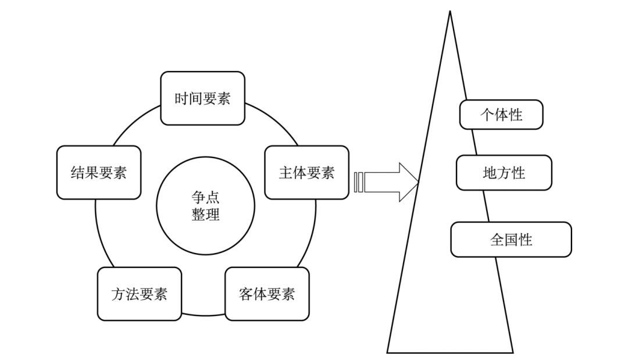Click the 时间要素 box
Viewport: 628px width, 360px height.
pyautogui.click(x=202, y=98)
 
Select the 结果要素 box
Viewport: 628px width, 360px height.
pyautogui.click(x=99, y=172)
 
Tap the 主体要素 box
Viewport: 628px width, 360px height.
pyautogui.click(x=306, y=172)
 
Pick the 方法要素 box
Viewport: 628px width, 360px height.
pyautogui.click(x=139, y=294)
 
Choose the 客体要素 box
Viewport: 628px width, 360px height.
pyautogui.click(x=267, y=294)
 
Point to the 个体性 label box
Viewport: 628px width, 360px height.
pyautogui.click(x=501, y=115)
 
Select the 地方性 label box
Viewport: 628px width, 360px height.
pyautogui.click(x=504, y=173)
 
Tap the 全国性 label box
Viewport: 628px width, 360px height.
pyautogui.click(x=511, y=240)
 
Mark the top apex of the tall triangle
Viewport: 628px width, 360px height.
pyautogui.click(x=449, y=12)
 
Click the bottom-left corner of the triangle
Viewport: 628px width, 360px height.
pyautogui.click(x=388, y=352)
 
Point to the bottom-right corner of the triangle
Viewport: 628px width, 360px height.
pyautogui.click(x=513, y=352)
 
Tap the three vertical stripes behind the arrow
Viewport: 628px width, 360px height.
pyautogui.click(x=358, y=182)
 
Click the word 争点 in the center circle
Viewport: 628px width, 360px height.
pyautogui.click(x=205, y=197)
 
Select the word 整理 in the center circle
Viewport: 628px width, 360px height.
pyautogui.click(x=205, y=215)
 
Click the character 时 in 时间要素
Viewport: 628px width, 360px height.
pyautogui.click(x=181, y=98)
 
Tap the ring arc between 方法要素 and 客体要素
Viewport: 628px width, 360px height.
pyautogui.click(x=203, y=315)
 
